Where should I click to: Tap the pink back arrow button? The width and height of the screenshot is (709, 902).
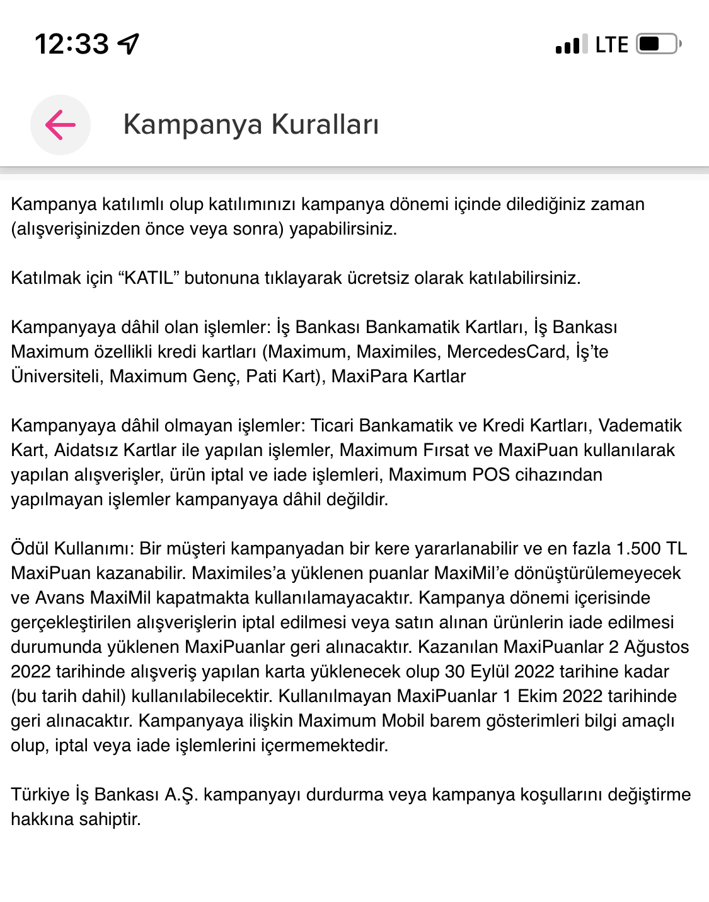[x=61, y=124]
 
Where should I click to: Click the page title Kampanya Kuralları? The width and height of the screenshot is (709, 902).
[x=251, y=124]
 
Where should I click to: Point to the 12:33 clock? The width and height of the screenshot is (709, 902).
[x=72, y=44]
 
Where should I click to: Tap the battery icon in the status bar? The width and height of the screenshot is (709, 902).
[x=658, y=44]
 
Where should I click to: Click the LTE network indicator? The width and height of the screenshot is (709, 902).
[x=611, y=45]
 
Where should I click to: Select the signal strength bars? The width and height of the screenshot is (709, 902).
[x=572, y=45]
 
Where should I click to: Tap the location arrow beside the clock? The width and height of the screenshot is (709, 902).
[x=129, y=44]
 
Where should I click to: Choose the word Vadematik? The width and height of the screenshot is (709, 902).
[x=640, y=425]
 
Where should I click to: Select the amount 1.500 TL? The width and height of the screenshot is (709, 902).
[x=651, y=548]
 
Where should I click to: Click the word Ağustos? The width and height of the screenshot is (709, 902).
[x=656, y=647]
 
